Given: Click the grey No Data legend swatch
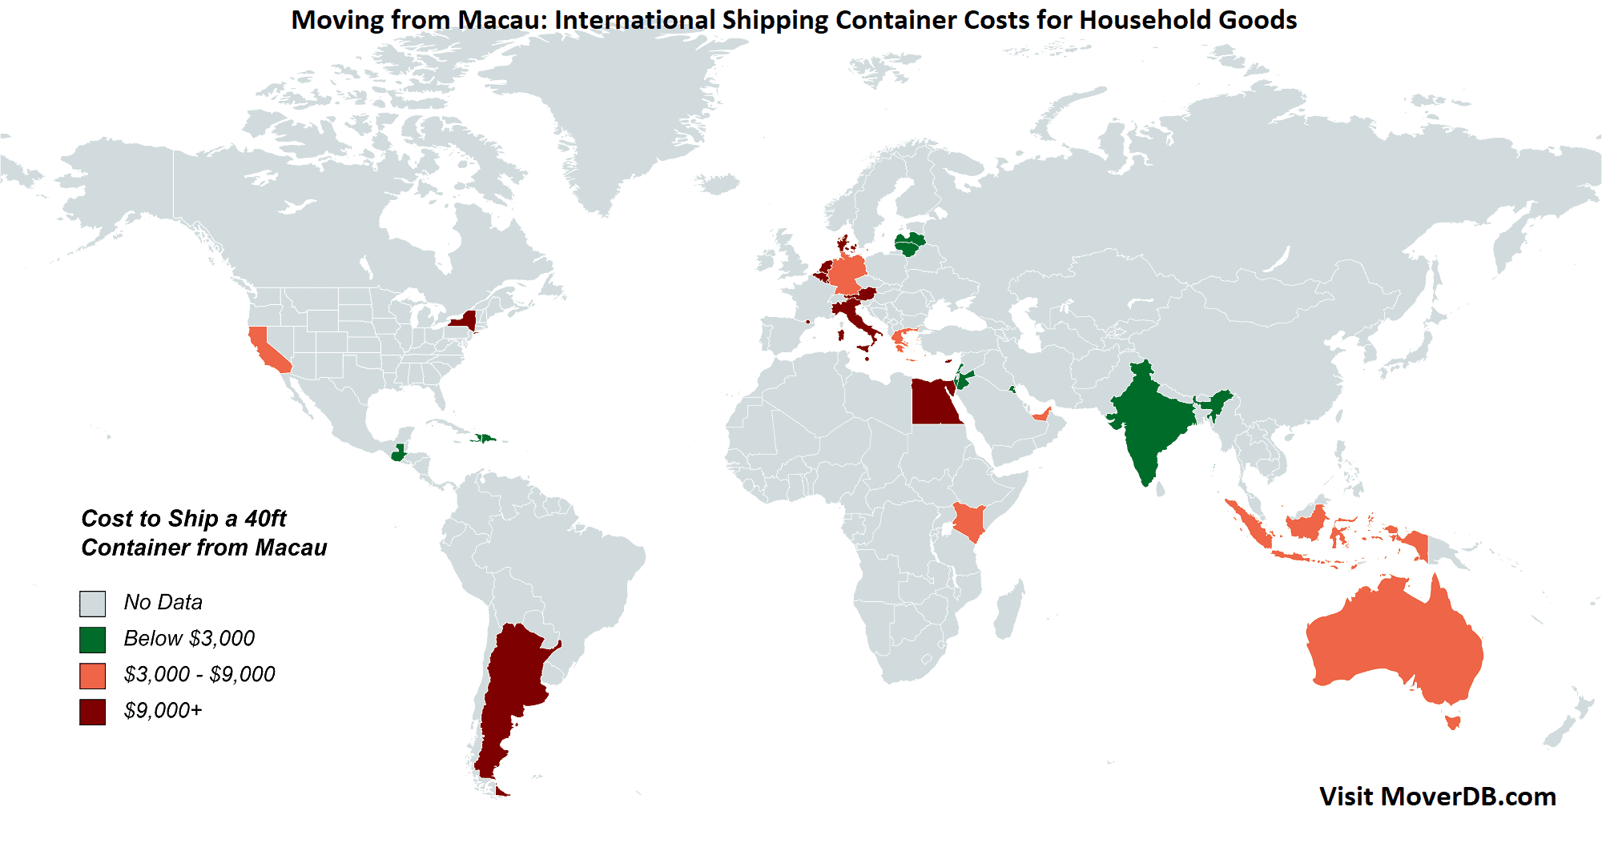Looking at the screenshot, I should pyautogui.click(x=92, y=604).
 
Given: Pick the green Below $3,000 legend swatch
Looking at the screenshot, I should pyautogui.click(x=92, y=640).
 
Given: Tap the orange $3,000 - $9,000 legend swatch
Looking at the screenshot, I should pyautogui.click(x=92, y=676).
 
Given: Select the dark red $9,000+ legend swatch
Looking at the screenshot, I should pyautogui.click(x=92, y=712).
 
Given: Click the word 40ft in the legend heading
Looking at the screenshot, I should pyautogui.click(x=265, y=519).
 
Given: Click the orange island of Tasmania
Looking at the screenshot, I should pyautogui.click(x=1452, y=722).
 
